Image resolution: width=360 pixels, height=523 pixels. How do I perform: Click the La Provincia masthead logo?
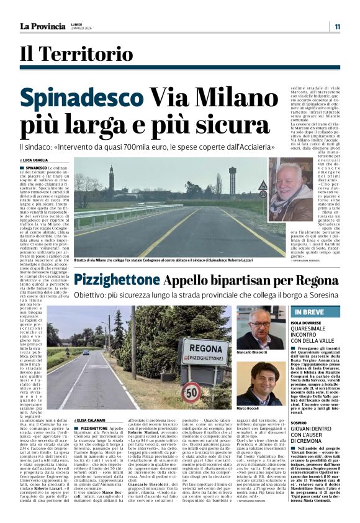click(x=43, y=27)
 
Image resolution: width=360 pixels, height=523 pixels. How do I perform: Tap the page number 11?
click(x=336, y=27)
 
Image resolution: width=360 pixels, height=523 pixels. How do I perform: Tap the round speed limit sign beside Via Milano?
click(x=263, y=193)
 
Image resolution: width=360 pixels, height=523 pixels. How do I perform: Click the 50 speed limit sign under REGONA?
click(x=190, y=393)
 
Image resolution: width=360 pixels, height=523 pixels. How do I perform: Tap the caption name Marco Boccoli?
click(x=248, y=409)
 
